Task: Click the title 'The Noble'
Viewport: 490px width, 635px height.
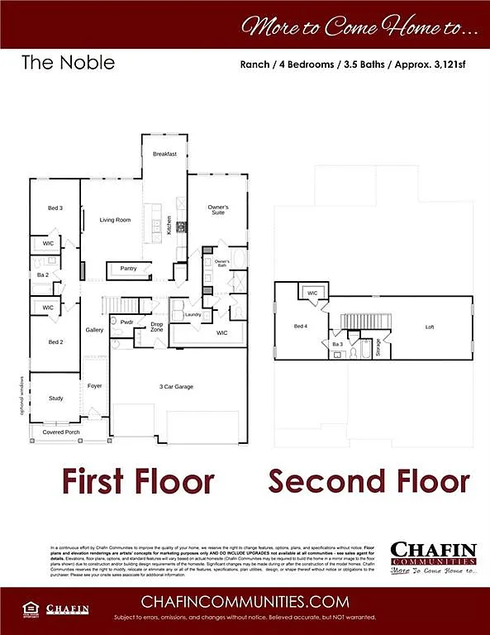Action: click(x=68, y=62)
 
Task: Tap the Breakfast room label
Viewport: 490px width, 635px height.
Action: click(x=164, y=154)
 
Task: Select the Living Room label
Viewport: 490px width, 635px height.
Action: click(x=116, y=220)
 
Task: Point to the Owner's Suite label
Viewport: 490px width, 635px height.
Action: click(x=218, y=210)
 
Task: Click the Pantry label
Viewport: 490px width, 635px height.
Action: click(x=128, y=268)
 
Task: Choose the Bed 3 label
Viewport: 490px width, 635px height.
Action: click(x=55, y=208)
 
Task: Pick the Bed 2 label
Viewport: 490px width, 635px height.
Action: click(x=55, y=341)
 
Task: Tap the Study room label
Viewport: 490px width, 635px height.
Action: click(x=55, y=399)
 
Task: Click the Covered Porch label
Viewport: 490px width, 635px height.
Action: click(x=61, y=432)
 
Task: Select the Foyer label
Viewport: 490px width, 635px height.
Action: click(x=95, y=385)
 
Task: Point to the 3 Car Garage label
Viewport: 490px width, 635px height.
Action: click(x=176, y=386)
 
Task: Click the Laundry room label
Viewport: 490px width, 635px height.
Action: click(x=193, y=314)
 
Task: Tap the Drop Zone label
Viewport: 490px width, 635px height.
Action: click(x=156, y=327)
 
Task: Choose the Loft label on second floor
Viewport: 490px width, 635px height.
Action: click(x=430, y=327)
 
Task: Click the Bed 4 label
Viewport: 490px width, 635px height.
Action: click(x=301, y=327)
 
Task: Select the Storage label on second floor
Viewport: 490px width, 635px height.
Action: click(x=378, y=346)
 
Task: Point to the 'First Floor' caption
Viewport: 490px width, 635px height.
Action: click(x=138, y=480)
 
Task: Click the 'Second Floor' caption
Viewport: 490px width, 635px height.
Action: click(x=369, y=480)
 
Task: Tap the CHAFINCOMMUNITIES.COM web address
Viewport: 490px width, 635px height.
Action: click(x=245, y=601)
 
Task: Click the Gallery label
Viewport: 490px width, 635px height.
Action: click(x=94, y=330)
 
